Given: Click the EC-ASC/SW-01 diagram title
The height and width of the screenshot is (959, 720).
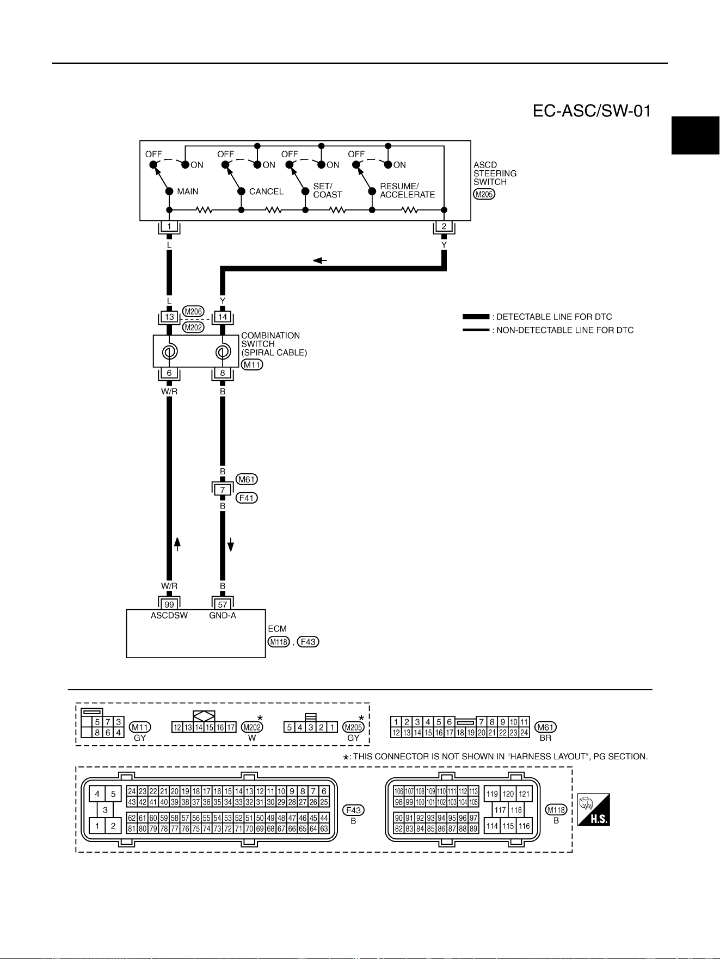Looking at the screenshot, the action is [592, 111].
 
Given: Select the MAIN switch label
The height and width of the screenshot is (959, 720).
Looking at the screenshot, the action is [188, 191].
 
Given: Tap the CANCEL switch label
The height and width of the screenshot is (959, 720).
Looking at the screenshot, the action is [266, 191].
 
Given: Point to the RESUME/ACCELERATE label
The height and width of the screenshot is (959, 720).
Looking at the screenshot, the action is [407, 190].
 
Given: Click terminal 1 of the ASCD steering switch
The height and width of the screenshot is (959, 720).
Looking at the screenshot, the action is [169, 226].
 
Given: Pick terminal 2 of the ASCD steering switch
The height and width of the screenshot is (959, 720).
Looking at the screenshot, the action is [444, 226].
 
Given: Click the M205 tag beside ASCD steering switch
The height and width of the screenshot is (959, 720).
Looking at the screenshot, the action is [484, 194].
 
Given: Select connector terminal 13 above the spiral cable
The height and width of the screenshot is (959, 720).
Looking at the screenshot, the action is [169, 317].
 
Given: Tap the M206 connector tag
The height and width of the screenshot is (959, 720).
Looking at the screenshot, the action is [193, 312].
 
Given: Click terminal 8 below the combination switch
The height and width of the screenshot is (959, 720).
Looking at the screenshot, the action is [223, 373].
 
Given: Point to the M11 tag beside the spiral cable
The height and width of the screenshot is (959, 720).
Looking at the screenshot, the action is [252, 364].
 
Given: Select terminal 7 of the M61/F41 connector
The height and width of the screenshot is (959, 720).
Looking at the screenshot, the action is [223, 490].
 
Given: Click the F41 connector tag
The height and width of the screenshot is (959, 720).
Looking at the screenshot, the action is [247, 498].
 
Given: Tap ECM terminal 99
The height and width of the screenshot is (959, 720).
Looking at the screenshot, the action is [169, 604].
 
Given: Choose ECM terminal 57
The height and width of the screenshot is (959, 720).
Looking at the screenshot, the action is [223, 604].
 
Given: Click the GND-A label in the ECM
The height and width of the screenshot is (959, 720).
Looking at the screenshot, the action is [223, 616].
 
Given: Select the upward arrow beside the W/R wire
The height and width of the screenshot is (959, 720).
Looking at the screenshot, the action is [177, 543].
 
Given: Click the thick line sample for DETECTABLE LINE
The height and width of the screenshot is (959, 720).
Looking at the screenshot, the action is [476, 317].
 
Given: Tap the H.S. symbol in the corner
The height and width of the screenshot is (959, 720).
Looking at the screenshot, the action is [594, 809].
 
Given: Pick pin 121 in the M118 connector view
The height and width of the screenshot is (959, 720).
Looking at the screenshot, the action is [524, 794].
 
